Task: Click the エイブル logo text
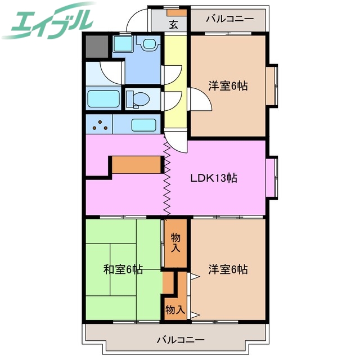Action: click(51, 21)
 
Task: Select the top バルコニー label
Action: click(229, 19)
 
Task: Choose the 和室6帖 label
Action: click(123, 269)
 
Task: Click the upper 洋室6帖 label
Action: click(228, 86)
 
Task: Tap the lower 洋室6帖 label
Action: click(228, 269)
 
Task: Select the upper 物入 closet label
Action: click(176, 242)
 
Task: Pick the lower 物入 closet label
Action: click(175, 309)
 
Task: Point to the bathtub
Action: click(103, 100)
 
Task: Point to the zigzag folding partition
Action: click(166, 177)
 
